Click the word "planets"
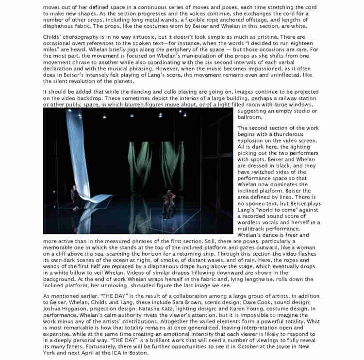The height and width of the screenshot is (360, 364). coord(121,82)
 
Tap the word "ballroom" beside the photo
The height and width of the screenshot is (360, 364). coord(250,118)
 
